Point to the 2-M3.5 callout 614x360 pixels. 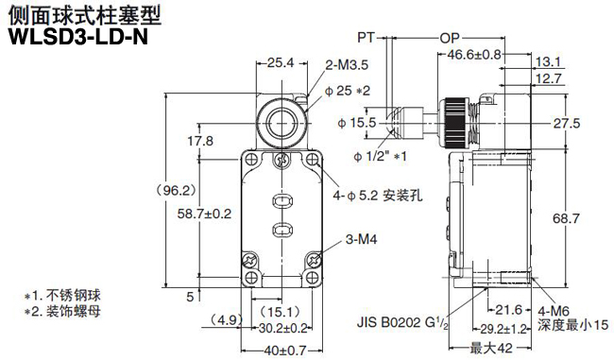[x=345, y=65]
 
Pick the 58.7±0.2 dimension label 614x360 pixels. [x=204, y=214]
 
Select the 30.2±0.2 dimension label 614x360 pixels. [x=282, y=328]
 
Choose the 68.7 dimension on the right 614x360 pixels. [x=567, y=219]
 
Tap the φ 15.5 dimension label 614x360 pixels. [x=357, y=123]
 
